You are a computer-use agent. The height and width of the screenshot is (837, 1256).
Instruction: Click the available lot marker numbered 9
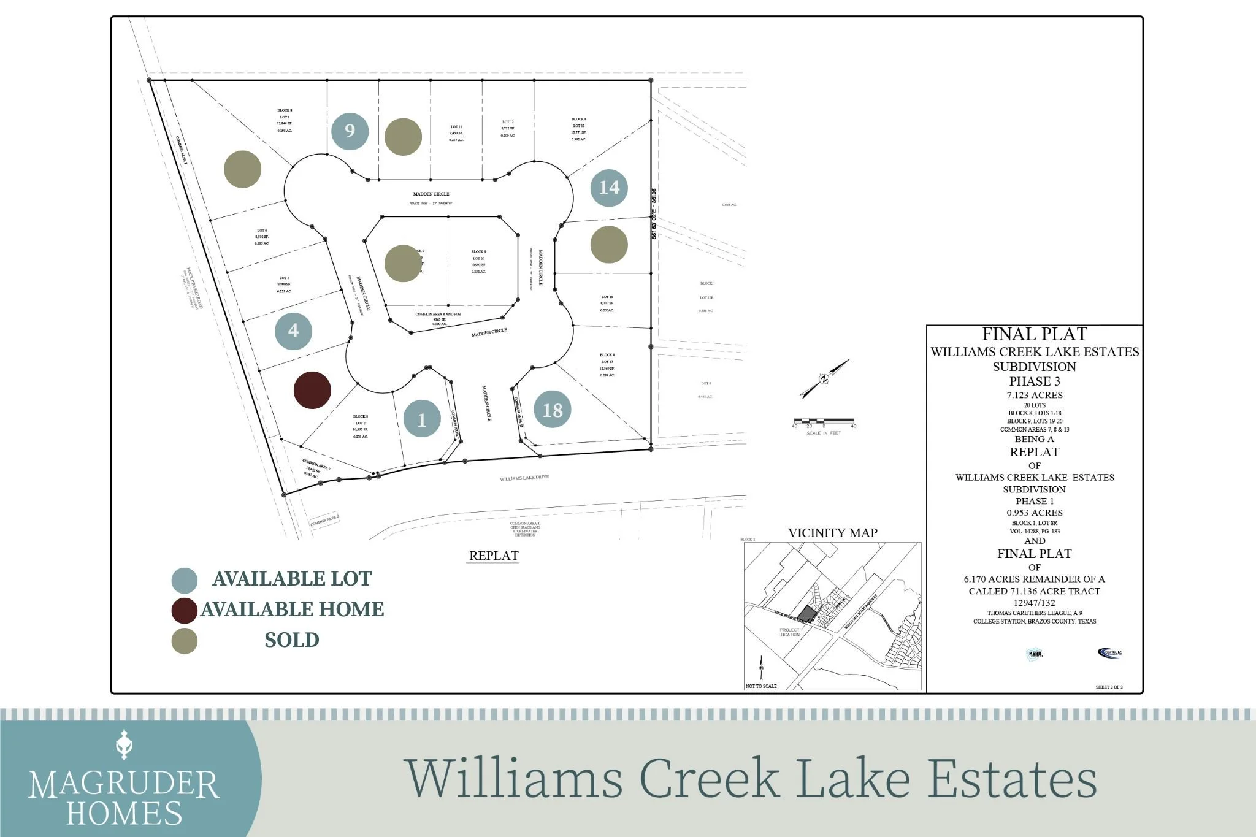coord(350,131)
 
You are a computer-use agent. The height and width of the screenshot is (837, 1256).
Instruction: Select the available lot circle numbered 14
coord(609,188)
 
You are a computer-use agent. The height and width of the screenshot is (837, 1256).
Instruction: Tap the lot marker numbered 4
coord(293,331)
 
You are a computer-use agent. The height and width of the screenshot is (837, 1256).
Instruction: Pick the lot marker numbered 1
coord(422,419)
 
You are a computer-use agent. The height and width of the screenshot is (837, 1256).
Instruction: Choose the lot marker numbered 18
coord(553,410)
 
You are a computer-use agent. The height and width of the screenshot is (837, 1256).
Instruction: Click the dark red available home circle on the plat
coord(313,390)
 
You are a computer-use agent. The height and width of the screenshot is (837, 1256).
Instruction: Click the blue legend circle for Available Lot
coord(185,579)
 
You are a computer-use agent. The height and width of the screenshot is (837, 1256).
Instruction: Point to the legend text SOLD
coord(292,640)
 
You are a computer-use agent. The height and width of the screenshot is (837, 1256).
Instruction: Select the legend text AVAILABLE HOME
coord(293,610)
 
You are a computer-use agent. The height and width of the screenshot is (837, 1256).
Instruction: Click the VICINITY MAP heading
coord(832,533)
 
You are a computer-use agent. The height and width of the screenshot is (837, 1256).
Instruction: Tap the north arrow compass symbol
coord(824,379)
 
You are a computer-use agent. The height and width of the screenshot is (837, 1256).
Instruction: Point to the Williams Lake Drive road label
coord(524,478)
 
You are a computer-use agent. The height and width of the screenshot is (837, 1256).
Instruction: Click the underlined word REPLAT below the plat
coord(494,556)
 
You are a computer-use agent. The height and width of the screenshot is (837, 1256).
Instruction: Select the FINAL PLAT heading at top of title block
coord(1035,334)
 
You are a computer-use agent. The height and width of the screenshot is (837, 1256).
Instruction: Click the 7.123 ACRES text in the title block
coord(1035,395)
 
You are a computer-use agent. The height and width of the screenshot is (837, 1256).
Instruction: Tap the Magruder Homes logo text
coord(124,797)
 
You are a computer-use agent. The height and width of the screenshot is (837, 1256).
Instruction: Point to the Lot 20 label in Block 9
coord(478,259)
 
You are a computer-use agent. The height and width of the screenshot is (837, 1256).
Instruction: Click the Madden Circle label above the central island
coord(431,194)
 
